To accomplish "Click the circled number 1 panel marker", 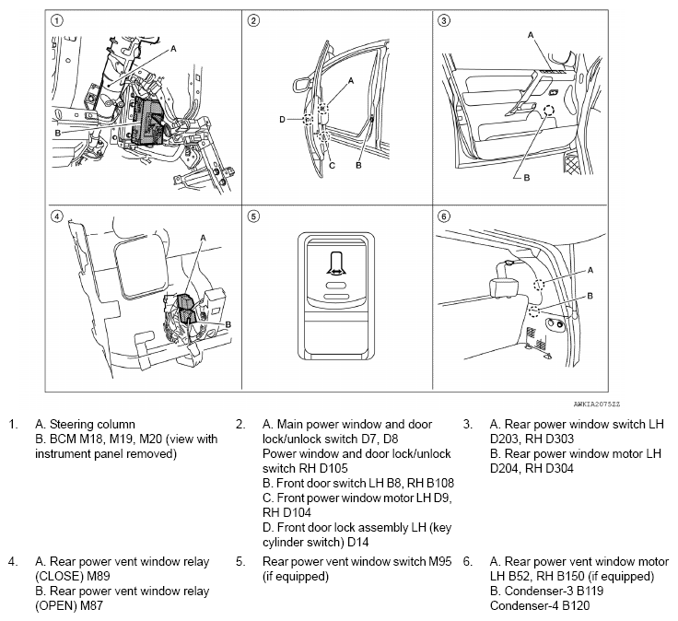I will (57, 20).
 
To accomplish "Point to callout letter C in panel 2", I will (331, 166).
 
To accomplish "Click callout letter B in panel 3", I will (527, 178).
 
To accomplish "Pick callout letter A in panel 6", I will (590, 269).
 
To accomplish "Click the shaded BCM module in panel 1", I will (147, 120).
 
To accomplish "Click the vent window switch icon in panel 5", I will (334, 268).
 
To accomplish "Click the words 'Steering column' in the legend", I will (75, 424).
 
